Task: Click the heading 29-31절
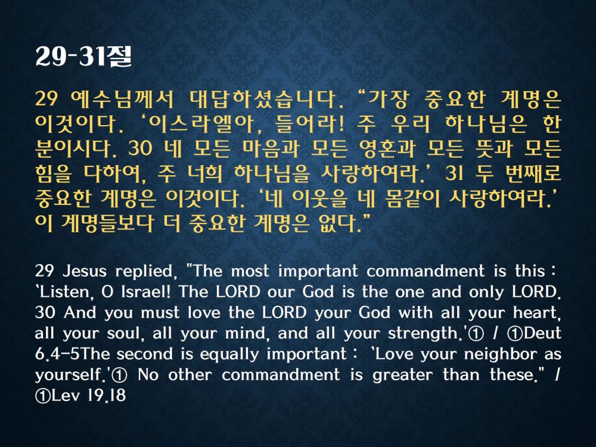pyautogui.click(x=83, y=57)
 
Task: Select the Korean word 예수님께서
pyautogui.click(x=122, y=99)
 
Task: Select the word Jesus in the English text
pyautogui.click(x=85, y=271)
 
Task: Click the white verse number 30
pyautogui.click(x=45, y=312)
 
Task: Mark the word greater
pyautogui.click(x=402, y=375)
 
